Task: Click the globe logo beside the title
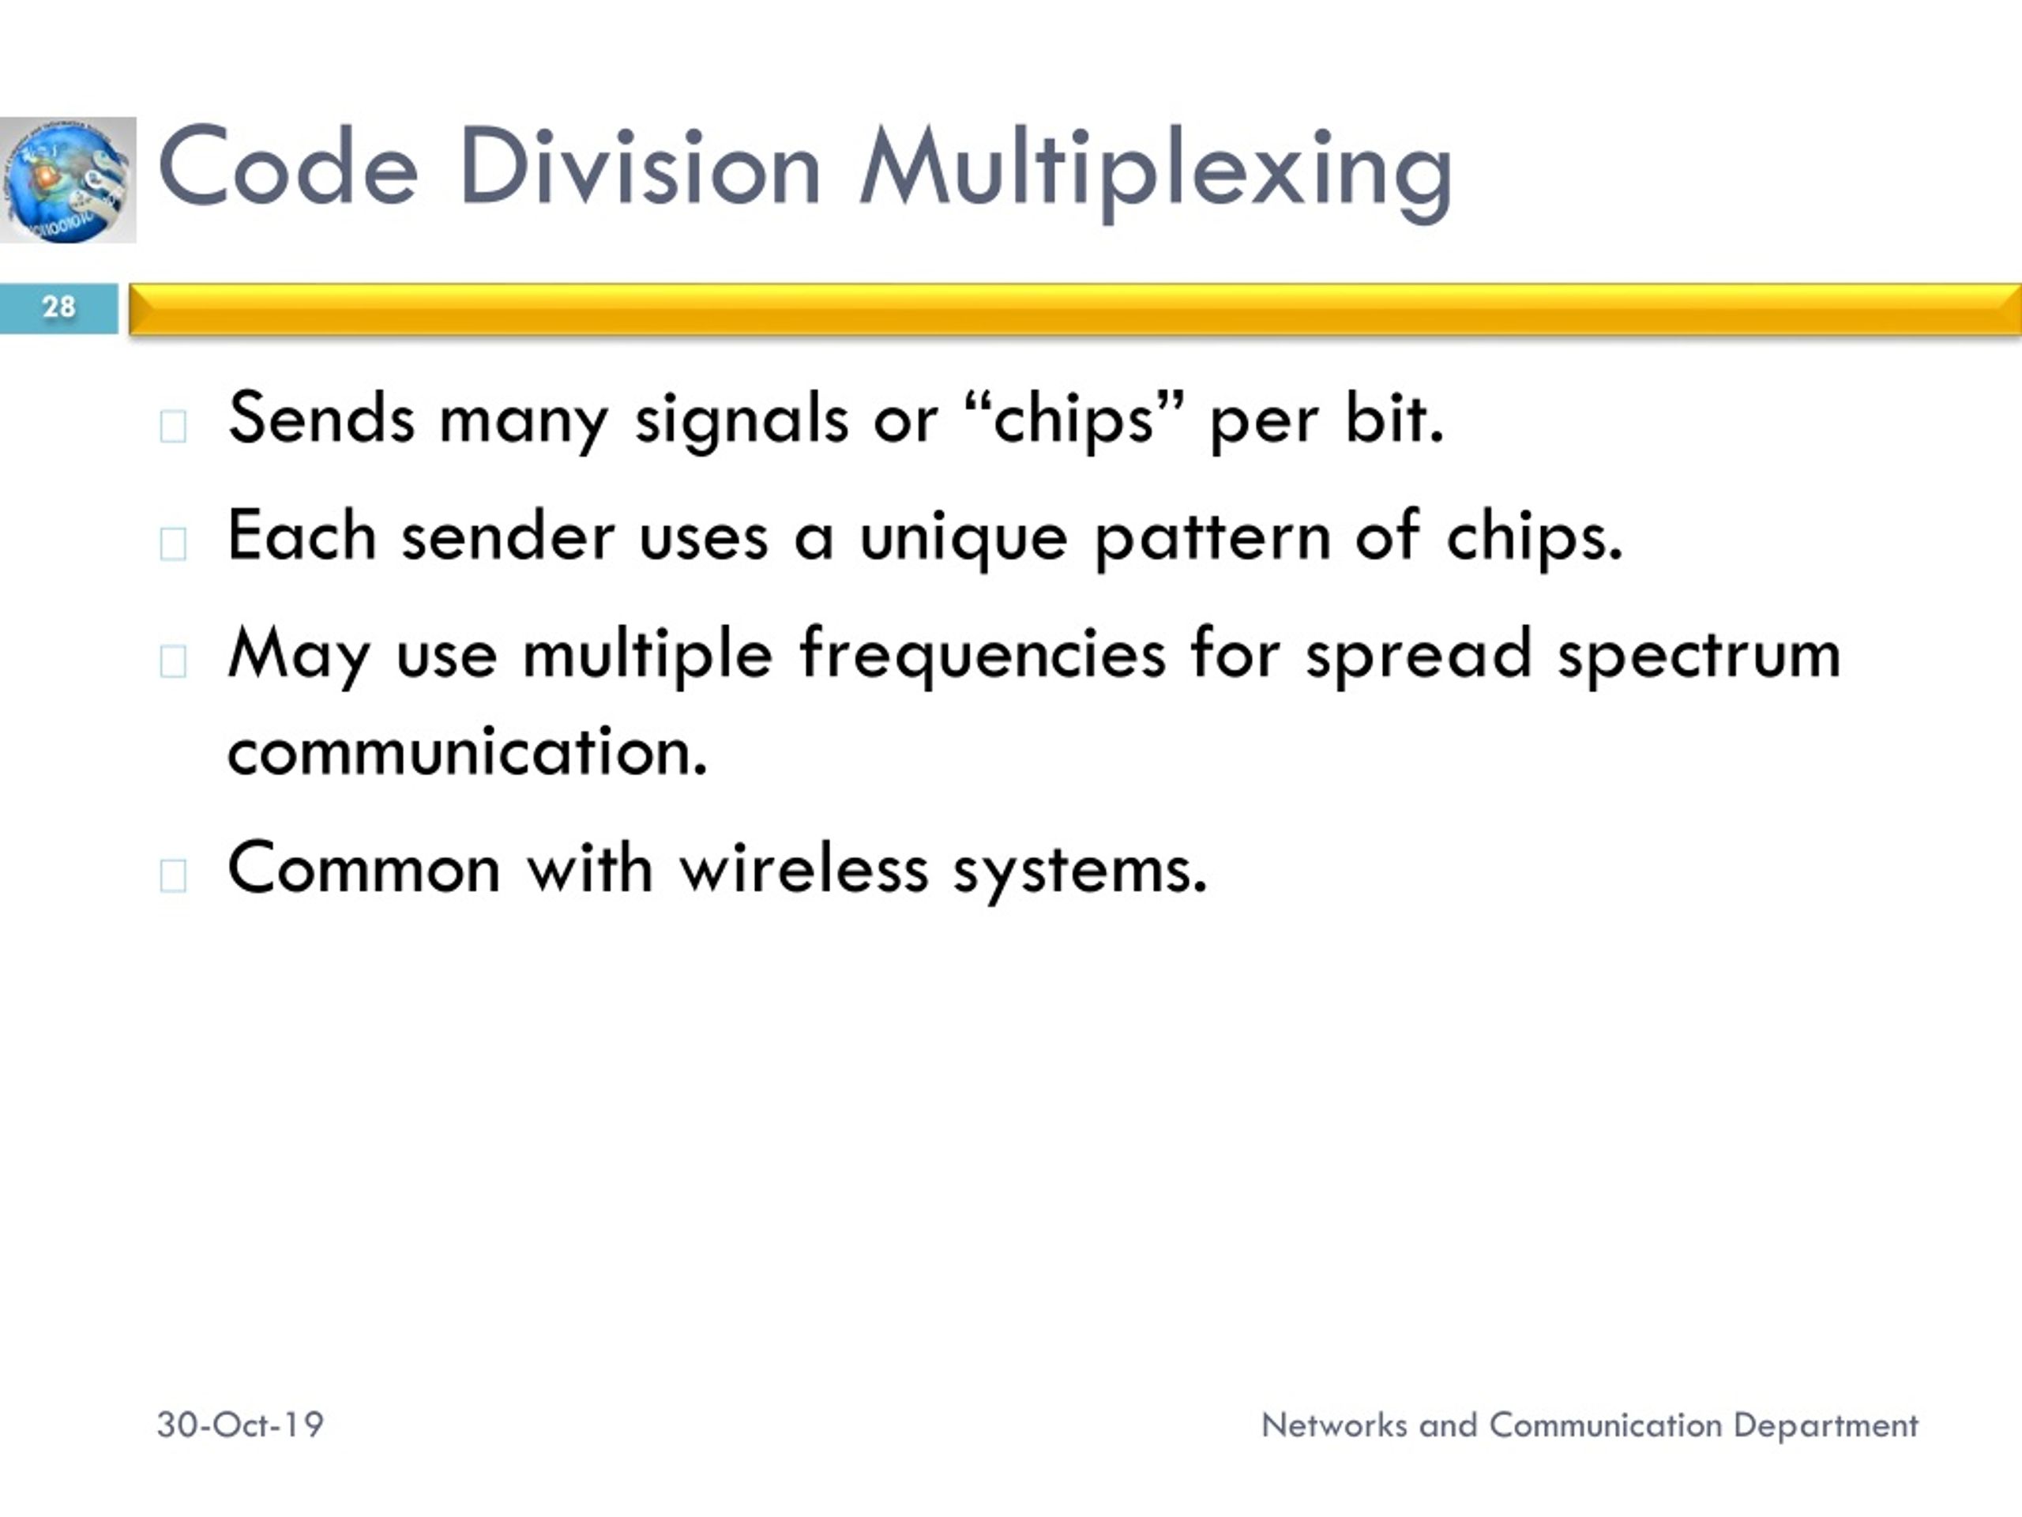point(68,180)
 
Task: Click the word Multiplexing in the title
point(1156,169)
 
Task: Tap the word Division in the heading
point(639,169)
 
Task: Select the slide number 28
point(58,307)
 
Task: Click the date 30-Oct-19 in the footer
point(240,1425)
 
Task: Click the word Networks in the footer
point(1334,1425)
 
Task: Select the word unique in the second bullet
point(963,538)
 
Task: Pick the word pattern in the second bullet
point(1212,538)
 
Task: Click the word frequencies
point(982,656)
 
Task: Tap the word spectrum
point(1699,656)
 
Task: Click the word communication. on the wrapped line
point(467,751)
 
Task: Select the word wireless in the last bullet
point(803,868)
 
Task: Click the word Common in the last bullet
point(364,868)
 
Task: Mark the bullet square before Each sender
point(173,543)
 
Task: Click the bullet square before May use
point(173,661)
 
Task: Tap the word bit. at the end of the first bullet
point(1394,420)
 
